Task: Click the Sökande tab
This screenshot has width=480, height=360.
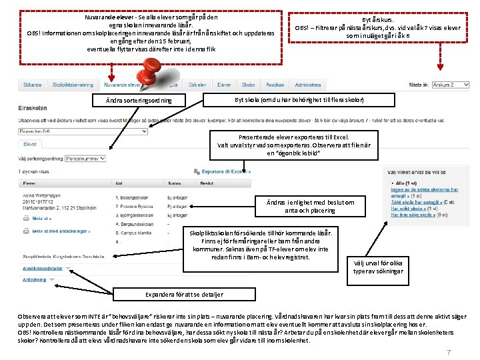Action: click(x=33, y=85)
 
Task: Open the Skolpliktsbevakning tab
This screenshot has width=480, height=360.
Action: click(x=73, y=85)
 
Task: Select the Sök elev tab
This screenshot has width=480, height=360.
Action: click(x=197, y=85)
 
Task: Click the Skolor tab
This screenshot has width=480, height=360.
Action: click(x=248, y=85)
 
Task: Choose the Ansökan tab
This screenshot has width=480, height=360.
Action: click(x=275, y=85)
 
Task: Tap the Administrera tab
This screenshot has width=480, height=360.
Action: click(x=308, y=85)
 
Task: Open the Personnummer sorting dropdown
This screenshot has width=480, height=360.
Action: click(x=85, y=159)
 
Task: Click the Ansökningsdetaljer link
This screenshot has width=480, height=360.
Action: click(x=43, y=268)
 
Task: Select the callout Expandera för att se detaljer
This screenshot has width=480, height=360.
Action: click(x=184, y=295)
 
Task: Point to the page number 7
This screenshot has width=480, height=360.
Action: click(x=449, y=352)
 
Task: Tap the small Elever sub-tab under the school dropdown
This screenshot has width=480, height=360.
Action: click(x=31, y=144)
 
